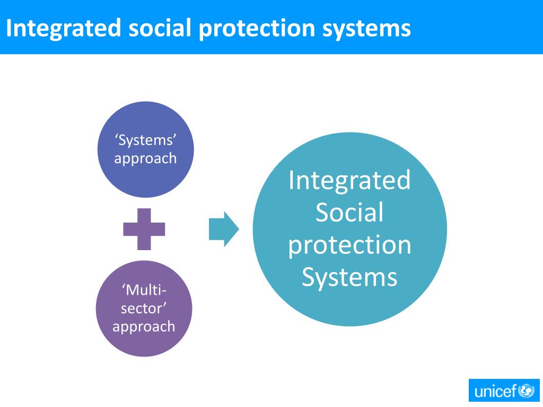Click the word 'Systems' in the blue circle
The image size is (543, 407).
(x=145, y=140)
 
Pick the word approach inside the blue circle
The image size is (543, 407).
(x=145, y=158)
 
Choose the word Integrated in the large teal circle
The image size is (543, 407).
(x=349, y=180)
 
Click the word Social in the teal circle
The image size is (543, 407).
(x=349, y=212)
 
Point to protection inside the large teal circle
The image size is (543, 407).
(x=349, y=245)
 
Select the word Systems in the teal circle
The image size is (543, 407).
(x=349, y=277)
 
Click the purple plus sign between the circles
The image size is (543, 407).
(x=144, y=229)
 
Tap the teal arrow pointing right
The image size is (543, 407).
(x=223, y=229)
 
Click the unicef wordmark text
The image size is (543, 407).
(x=495, y=392)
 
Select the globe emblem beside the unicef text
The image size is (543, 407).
(x=527, y=391)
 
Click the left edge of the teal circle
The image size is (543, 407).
(x=254, y=229)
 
